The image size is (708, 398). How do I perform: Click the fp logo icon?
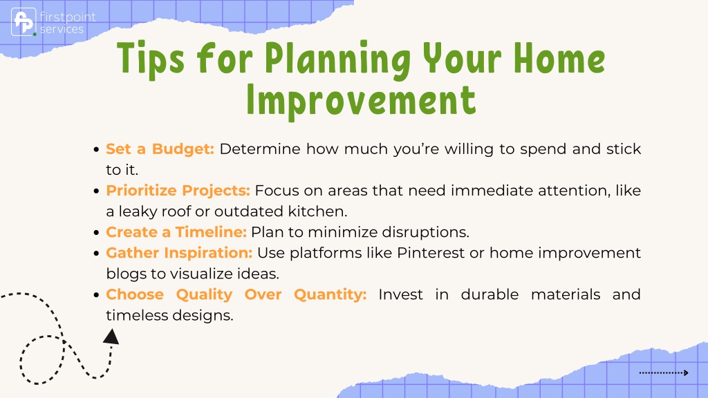coord(24,21)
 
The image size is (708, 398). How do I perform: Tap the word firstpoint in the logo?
coord(68,17)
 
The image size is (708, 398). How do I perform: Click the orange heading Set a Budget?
coord(160,149)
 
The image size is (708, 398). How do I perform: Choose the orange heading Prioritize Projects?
coord(178,191)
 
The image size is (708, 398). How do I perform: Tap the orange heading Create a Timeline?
coord(176,232)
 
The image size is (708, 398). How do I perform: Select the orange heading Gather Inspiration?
coord(179,253)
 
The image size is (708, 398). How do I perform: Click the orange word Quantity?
coord(330,294)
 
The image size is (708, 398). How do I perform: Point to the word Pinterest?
coord(431,253)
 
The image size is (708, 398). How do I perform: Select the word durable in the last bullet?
coord(490,294)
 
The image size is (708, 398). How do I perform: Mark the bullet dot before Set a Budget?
coord(96,149)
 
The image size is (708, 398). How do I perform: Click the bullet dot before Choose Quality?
coord(96,295)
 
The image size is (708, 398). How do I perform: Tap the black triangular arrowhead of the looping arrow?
coord(111,337)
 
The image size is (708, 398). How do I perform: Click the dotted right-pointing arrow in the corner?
coord(664,372)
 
